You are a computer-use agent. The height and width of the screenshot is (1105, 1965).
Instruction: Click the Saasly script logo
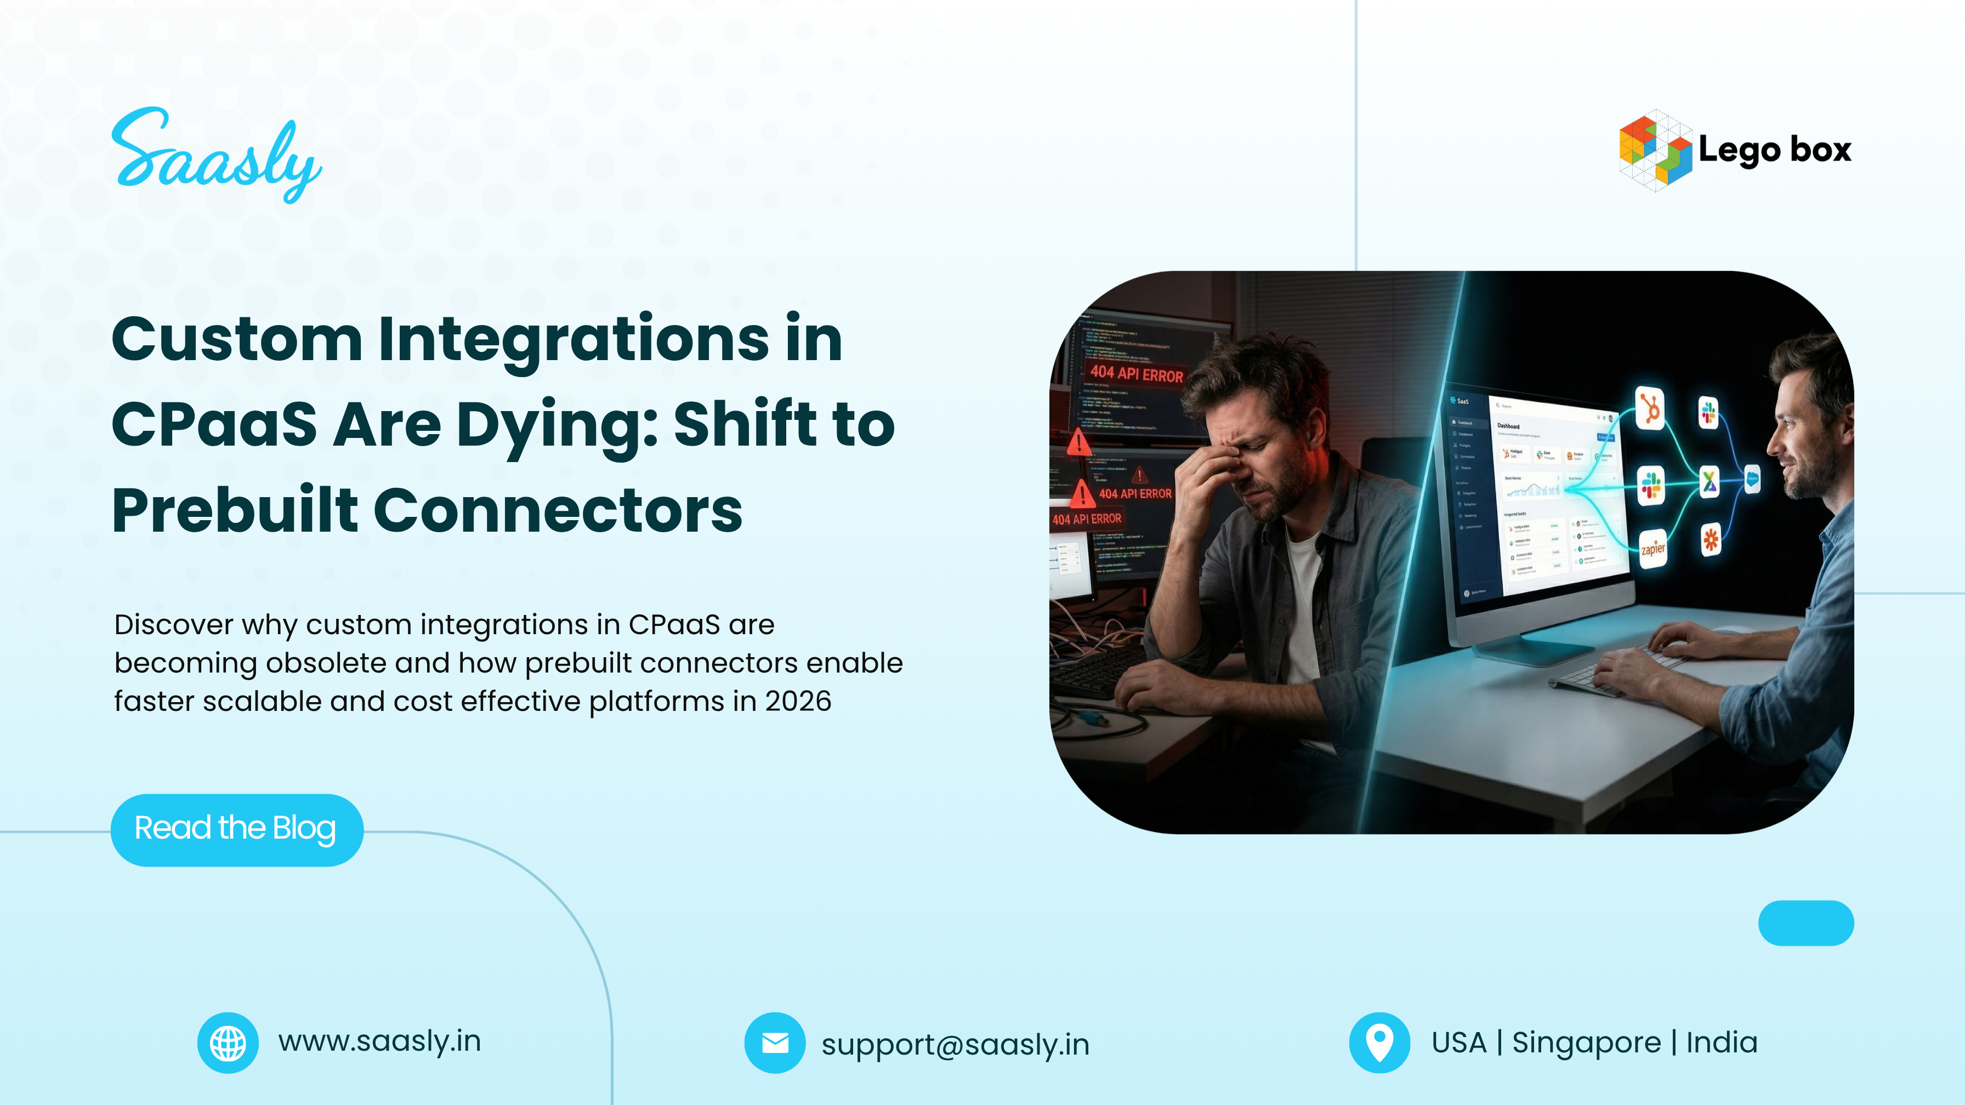(216, 156)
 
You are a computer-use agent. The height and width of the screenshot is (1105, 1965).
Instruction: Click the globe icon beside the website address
(228, 1043)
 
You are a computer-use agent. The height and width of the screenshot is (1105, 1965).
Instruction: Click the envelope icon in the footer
(774, 1043)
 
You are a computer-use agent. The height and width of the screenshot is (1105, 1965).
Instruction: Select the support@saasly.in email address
(955, 1044)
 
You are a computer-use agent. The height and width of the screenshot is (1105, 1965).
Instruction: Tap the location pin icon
(1379, 1043)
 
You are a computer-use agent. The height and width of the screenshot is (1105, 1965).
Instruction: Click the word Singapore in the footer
(1586, 1043)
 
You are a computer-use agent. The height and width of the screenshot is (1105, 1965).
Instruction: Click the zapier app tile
(1653, 548)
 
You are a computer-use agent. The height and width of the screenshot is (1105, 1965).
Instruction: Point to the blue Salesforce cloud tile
(1752, 480)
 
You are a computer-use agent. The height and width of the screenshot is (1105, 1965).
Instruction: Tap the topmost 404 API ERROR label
(1136, 374)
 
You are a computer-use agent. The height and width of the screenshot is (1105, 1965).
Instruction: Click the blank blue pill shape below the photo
(1805, 922)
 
